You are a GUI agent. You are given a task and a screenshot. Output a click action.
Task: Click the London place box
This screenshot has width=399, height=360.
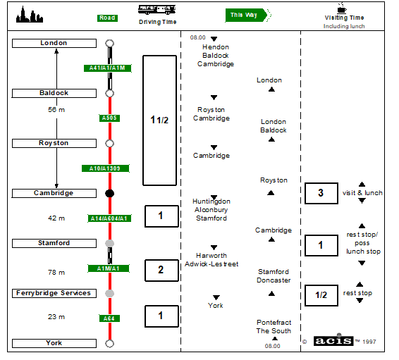(54, 43)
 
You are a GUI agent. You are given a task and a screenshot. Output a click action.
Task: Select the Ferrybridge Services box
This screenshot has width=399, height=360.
(54, 293)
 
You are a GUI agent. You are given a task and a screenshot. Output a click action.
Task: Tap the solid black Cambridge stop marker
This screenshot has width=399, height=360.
(110, 194)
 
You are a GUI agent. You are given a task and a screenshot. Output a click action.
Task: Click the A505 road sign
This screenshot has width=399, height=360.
(109, 118)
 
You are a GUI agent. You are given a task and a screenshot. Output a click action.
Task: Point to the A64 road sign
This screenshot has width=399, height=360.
(109, 318)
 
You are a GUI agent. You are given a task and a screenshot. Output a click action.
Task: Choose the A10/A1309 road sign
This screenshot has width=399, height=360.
(105, 168)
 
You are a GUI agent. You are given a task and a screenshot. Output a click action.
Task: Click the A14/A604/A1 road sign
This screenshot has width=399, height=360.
(109, 218)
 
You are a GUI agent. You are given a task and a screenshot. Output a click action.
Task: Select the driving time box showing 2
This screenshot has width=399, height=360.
(162, 271)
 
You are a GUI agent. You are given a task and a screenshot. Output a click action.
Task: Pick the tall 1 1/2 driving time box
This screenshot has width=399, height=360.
(159, 120)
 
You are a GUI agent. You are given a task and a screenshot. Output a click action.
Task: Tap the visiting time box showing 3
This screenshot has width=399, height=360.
(321, 193)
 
